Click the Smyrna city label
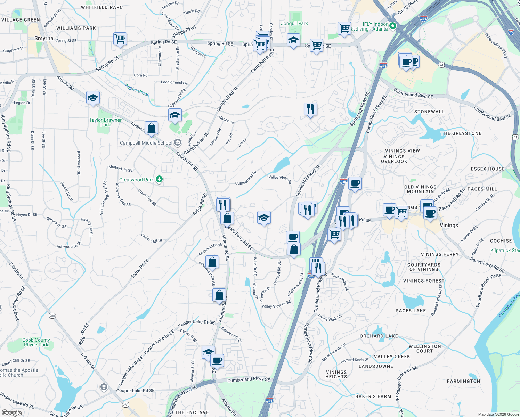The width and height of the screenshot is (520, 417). (x=44, y=39)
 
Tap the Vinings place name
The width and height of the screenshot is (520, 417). (x=449, y=225)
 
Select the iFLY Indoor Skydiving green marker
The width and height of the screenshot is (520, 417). (x=393, y=26)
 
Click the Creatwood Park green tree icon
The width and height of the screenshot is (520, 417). (x=159, y=179)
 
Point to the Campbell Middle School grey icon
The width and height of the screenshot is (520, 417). (x=178, y=142)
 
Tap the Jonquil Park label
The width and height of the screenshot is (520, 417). (x=294, y=23)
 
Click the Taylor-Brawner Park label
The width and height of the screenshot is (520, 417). (x=105, y=122)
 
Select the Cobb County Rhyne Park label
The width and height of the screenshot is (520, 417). (x=36, y=342)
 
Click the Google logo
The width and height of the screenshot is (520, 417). (x=11, y=412)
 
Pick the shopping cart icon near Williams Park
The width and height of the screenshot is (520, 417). (x=120, y=39)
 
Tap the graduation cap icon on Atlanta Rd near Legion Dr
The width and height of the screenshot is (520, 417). (x=93, y=98)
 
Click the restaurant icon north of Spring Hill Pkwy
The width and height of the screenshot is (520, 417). (x=310, y=109)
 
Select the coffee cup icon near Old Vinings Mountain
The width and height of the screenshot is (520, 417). (x=355, y=183)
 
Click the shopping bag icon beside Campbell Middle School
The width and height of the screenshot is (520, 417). (x=151, y=128)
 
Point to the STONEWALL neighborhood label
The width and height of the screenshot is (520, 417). (x=429, y=112)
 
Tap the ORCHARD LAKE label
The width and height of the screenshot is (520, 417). (x=379, y=336)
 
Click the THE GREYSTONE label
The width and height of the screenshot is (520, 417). (x=461, y=133)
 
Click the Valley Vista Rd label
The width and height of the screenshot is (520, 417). (x=280, y=178)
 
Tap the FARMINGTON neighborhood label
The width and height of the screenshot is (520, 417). (x=463, y=381)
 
